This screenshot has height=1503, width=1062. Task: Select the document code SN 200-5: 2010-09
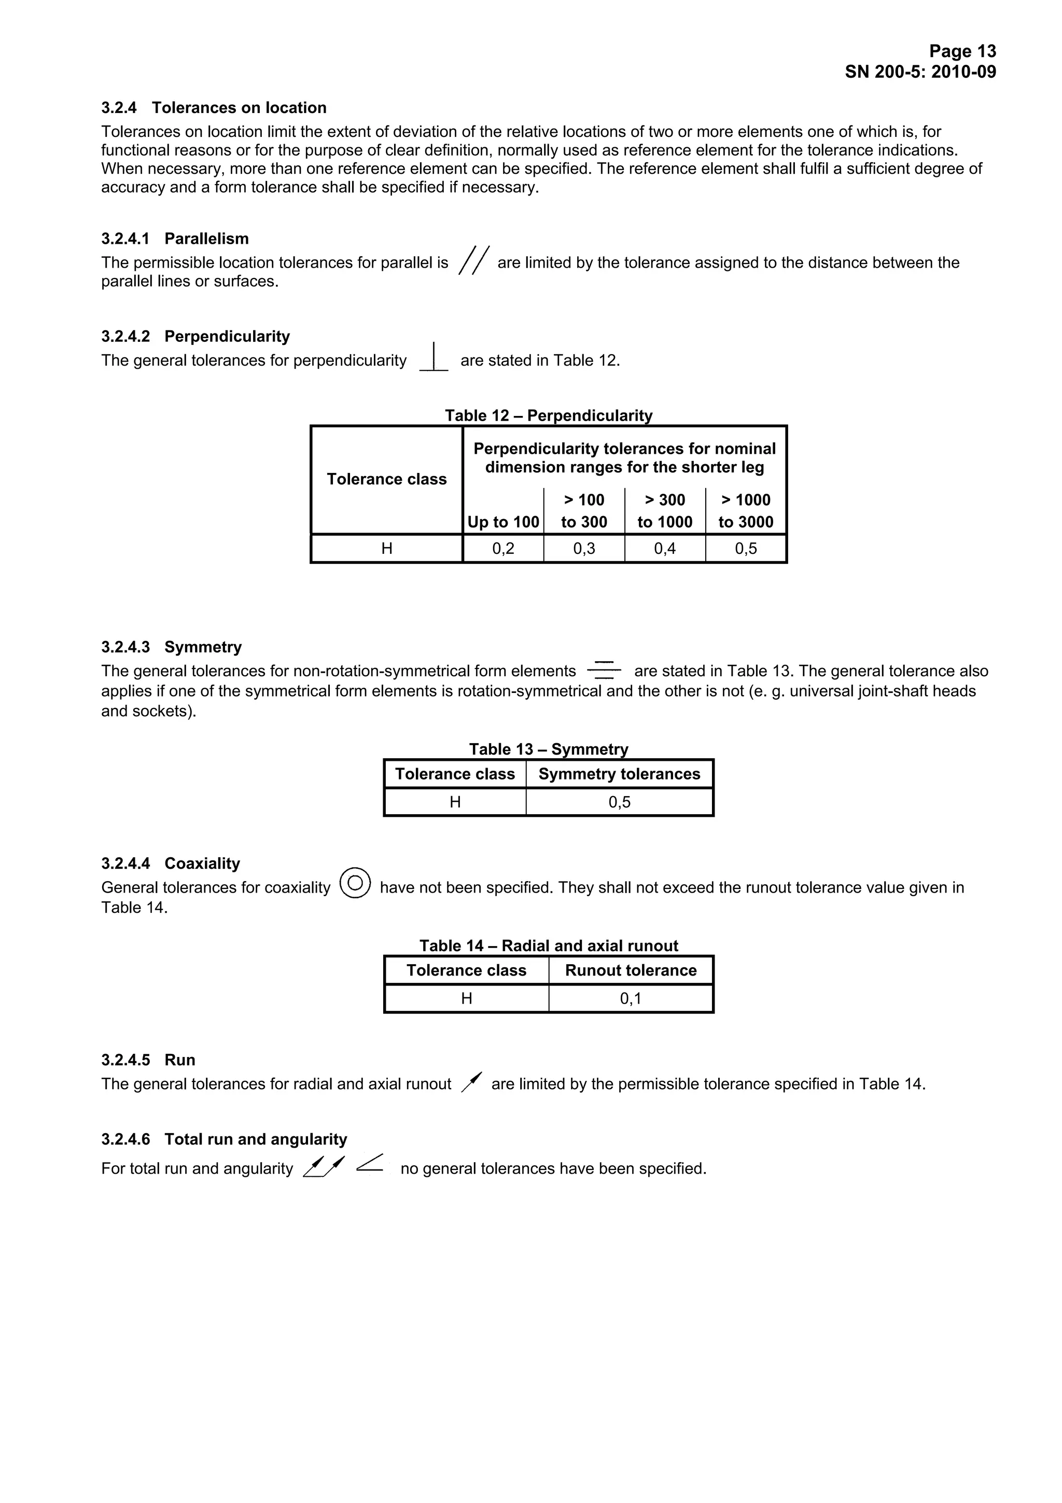(920, 72)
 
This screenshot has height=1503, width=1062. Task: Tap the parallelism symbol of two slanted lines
(474, 260)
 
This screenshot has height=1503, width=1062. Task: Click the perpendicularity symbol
(434, 357)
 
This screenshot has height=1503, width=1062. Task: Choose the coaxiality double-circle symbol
(355, 883)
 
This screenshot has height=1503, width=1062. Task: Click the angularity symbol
(370, 1163)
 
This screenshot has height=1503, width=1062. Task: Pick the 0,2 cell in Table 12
(503, 549)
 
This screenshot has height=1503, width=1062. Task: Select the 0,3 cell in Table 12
(584, 549)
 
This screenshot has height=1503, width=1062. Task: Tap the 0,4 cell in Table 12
(665, 549)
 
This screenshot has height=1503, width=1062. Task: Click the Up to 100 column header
(503, 522)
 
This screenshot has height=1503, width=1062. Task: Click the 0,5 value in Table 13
(619, 802)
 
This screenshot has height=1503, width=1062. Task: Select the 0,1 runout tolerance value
(631, 998)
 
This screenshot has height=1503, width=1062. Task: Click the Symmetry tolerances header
(619, 774)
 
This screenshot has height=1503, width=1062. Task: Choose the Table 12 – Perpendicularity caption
(548, 415)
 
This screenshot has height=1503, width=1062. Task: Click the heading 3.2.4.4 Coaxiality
(171, 864)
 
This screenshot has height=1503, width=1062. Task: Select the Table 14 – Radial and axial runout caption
(548, 946)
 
